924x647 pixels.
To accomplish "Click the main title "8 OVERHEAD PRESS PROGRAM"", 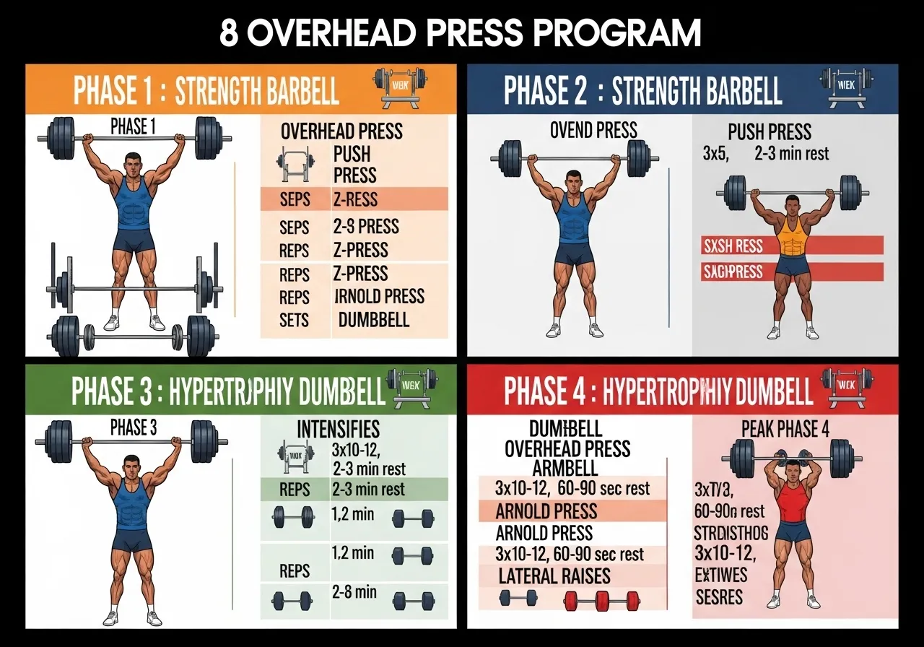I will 461,33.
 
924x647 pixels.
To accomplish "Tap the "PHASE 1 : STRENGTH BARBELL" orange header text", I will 206,92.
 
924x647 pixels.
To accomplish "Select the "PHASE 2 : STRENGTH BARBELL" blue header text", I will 642,92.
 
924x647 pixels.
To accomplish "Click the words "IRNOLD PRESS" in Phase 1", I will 380,296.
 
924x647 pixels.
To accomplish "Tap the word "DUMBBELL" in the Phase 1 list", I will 373,319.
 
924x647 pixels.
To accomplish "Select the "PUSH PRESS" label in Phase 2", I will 770,132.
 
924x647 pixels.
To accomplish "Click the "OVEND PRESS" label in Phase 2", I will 593,131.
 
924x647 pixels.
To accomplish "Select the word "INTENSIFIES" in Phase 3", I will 338,428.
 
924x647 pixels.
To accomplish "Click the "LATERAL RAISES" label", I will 554,576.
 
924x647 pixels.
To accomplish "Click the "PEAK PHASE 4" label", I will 785,429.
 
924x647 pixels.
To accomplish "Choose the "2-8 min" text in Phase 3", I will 354,592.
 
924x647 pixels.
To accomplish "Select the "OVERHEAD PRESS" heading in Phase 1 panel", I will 341,131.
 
